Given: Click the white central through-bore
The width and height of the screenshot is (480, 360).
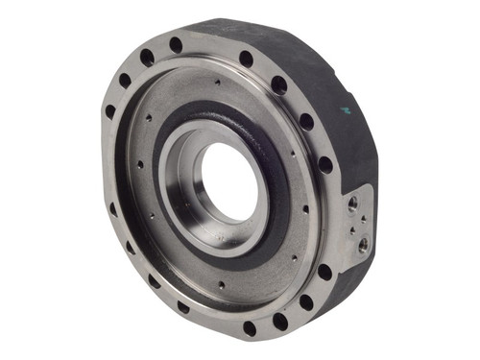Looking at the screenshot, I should [228, 182].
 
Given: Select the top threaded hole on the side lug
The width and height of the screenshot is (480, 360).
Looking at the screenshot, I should [353, 203].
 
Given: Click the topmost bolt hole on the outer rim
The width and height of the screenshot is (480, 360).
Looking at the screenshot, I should [176, 45].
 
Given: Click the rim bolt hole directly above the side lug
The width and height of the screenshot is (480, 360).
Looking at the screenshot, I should [325, 164].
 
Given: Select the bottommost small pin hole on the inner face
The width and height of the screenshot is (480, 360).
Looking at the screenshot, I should [220, 285].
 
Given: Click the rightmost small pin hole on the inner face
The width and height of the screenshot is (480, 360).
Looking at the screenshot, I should [305, 208].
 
